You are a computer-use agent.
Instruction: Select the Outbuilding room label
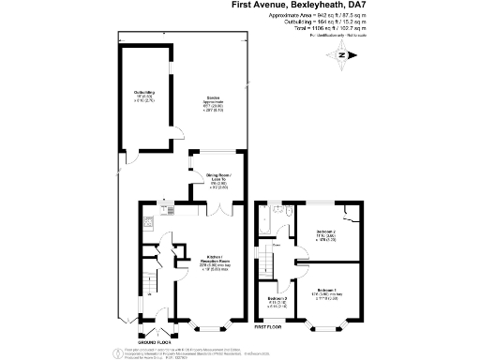point(144,94)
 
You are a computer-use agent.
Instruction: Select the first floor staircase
point(267,258)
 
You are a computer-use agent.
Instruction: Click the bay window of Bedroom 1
point(325,327)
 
